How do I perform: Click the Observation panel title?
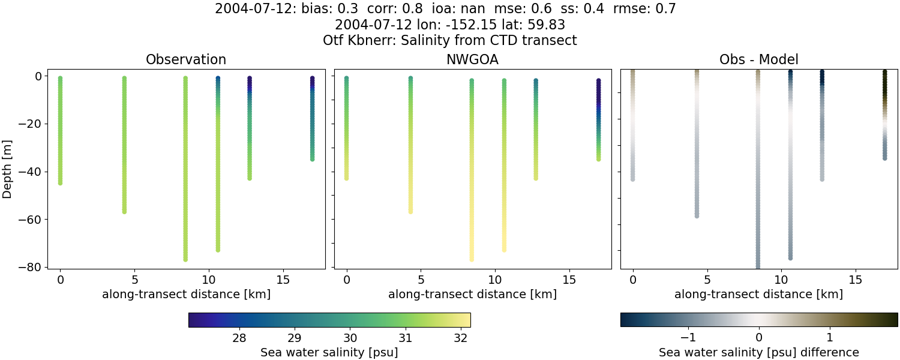pos(186,60)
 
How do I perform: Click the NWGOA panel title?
pos(473,60)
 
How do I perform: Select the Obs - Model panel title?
pos(759,60)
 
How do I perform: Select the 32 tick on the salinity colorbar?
pos(461,338)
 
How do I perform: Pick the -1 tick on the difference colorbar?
pos(689,338)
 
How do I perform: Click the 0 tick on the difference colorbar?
pos(759,338)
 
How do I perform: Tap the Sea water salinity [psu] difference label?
pos(759,352)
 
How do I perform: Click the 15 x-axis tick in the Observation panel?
pos(283,280)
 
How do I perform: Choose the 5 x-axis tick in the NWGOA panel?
pos(421,280)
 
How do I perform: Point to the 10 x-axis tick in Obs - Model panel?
pos(781,280)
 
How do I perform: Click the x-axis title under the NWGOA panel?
pos(473,294)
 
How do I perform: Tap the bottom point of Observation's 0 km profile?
pos(60,182)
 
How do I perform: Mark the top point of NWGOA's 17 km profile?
pos(598,81)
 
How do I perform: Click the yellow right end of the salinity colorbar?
pos(467,320)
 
